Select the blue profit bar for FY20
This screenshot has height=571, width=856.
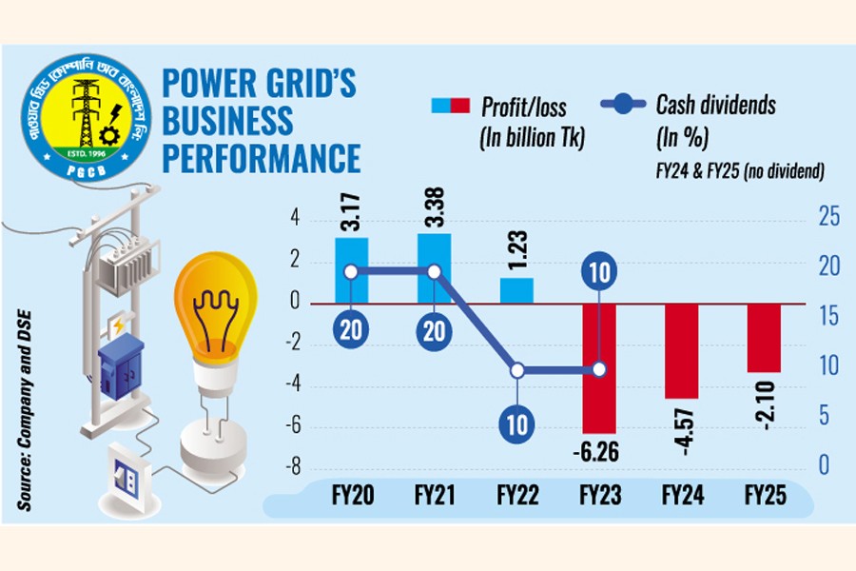coord(351,269)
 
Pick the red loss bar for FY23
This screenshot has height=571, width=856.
coord(599,368)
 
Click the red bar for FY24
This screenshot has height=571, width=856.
coord(681,350)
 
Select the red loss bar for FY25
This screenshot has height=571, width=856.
coord(763,338)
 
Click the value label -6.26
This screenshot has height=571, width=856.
coord(599,451)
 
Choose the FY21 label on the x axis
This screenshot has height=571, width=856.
coord(435,497)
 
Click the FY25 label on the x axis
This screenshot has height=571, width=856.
coord(763,497)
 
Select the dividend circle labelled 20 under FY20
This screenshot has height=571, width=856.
coord(351,328)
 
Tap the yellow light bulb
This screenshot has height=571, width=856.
coord(214,314)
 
